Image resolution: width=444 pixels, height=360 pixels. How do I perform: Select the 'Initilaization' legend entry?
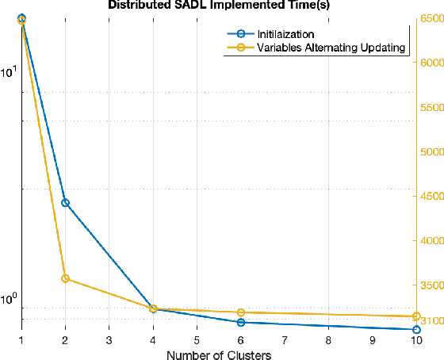click(285, 34)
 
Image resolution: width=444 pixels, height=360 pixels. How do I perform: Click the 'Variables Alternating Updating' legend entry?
click(331, 48)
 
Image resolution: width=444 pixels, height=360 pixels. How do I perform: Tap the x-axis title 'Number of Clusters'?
click(219, 354)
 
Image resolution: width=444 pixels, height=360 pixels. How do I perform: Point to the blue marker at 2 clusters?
click(65, 202)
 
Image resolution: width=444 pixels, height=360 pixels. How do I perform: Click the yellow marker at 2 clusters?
click(65, 278)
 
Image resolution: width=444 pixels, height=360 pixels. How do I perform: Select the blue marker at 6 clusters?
click(240, 322)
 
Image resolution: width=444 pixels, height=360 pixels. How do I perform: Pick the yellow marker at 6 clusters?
click(240, 312)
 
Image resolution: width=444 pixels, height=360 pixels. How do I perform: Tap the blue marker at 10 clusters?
click(416, 329)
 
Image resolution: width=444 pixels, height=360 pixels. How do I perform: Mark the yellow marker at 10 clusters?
click(416, 316)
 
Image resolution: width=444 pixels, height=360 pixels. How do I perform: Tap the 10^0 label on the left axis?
click(9, 300)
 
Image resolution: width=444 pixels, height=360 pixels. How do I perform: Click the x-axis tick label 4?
click(153, 340)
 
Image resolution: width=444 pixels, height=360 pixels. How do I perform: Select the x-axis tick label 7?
click(285, 340)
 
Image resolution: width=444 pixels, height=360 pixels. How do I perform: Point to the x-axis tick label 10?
click(415, 340)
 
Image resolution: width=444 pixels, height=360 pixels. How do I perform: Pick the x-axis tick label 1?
click(21, 340)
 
